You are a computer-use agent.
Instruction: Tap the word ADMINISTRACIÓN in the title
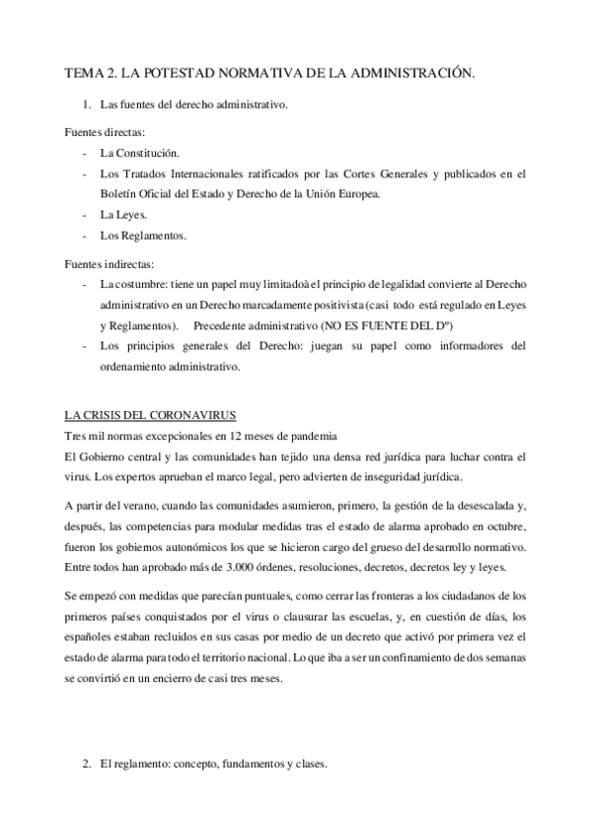(x=413, y=73)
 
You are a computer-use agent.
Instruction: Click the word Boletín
(x=118, y=193)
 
